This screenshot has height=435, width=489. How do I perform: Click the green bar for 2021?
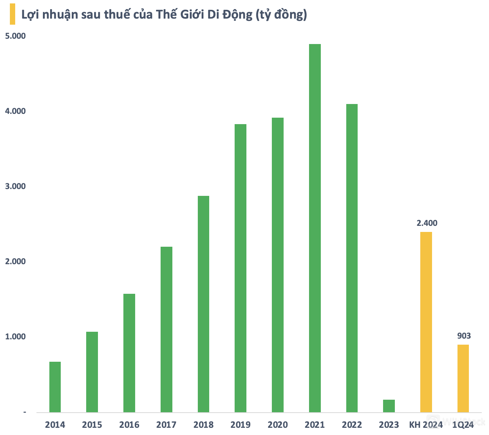[x=315, y=228]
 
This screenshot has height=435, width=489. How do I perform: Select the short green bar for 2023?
[x=389, y=406]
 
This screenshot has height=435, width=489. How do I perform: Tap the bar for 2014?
[x=55, y=387]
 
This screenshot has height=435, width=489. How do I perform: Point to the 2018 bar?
[x=203, y=304]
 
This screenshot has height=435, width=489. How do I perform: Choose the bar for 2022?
[x=352, y=258]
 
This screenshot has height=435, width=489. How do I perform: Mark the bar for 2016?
[x=129, y=353]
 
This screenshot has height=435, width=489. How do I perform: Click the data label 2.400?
[x=427, y=223]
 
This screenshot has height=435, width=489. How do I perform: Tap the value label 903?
[x=464, y=336]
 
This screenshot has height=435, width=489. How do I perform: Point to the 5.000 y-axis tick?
[x=15, y=36]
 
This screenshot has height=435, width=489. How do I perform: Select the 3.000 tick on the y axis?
[x=15, y=186]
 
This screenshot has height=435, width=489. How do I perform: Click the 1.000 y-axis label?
[x=15, y=337]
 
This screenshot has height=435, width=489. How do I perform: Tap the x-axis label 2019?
[x=240, y=425]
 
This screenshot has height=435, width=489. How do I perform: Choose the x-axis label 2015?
[x=92, y=425]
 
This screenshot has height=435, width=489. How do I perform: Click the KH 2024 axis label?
[x=426, y=425]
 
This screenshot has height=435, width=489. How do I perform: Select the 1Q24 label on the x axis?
[x=464, y=425]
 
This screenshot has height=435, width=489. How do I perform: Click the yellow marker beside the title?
[x=13, y=14]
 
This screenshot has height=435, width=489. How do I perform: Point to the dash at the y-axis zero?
[x=25, y=412]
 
